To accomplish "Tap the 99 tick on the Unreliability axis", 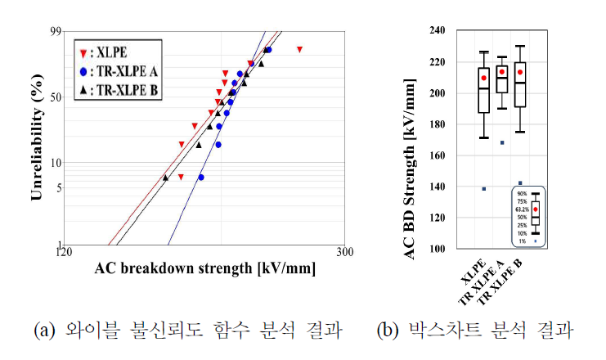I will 56,31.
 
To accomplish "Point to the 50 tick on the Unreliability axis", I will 56,97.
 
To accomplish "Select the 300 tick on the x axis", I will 345,253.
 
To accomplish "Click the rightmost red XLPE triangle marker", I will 299,50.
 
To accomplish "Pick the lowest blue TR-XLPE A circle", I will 201,177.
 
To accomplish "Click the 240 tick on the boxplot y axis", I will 445,31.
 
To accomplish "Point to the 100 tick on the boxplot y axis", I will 445,249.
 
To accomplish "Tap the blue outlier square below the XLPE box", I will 484,189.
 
